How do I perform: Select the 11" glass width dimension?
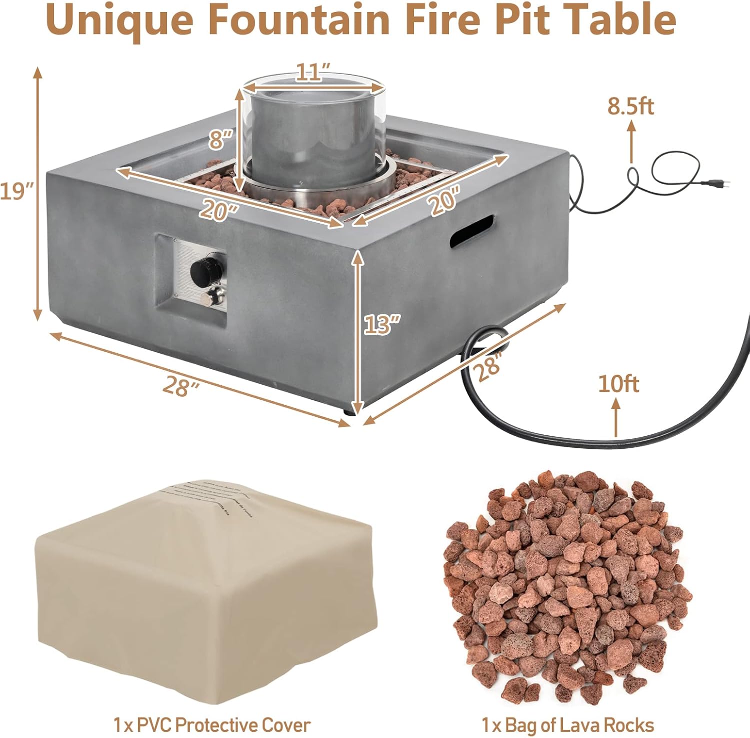[x=313, y=72]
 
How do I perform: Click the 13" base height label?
[x=382, y=324]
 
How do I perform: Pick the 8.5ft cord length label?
[x=630, y=106]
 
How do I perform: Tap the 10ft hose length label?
[x=618, y=384]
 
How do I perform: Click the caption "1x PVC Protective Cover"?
[x=211, y=724]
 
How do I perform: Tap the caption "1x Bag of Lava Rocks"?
[x=567, y=724]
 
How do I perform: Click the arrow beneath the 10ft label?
[x=616, y=418]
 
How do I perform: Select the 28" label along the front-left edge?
[x=178, y=385]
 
